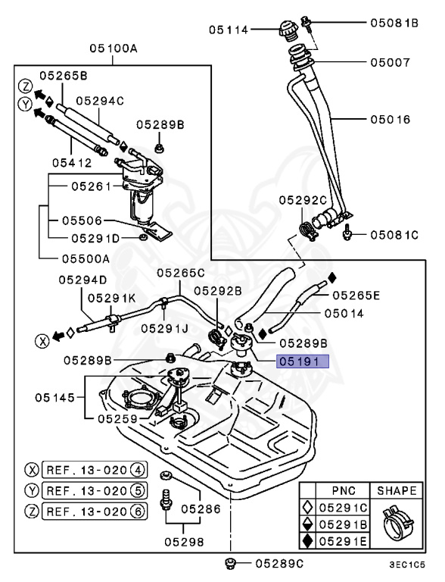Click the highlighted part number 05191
click(x=303, y=361)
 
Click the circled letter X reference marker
click(x=38, y=339)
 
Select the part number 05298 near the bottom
click(x=184, y=543)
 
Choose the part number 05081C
click(x=394, y=235)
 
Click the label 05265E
click(x=356, y=296)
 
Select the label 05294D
click(x=84, y=280)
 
